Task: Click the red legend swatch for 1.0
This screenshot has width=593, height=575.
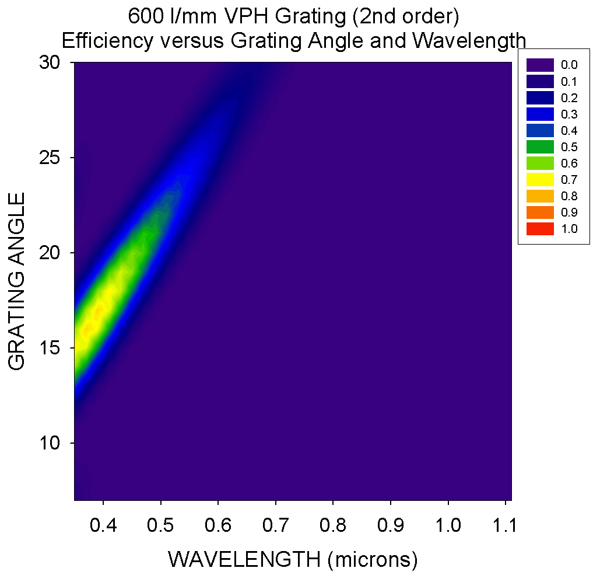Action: point(539,229)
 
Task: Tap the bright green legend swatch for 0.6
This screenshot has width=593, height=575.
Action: point(539,163)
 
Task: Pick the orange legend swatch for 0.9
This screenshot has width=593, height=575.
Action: point(539,212)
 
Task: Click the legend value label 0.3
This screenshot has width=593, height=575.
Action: point(570,114)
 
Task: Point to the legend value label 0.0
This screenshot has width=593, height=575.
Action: point(570,65)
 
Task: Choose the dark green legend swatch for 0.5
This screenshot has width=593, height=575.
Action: point(539,147)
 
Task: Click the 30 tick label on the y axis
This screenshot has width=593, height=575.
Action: point(51,62)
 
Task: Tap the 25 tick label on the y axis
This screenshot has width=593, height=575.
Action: point(51,158)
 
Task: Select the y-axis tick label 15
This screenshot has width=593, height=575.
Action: point(51,348)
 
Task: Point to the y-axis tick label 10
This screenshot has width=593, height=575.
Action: point(51,443)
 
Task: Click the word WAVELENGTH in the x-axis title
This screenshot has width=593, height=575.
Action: point(245,559)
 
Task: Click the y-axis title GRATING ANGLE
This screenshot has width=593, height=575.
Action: point(17,281)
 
